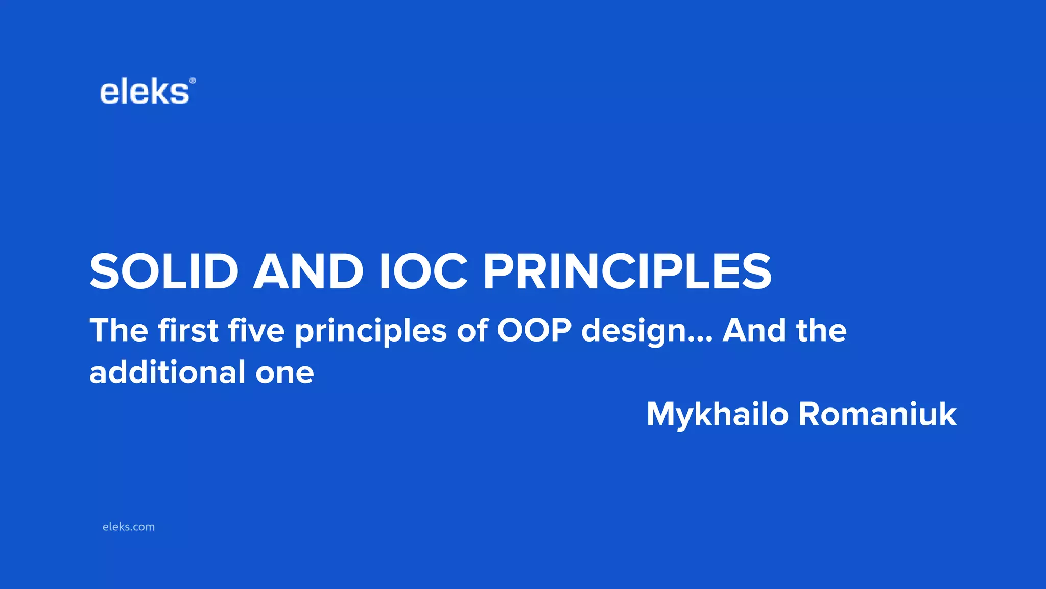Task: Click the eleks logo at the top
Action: (145, 93)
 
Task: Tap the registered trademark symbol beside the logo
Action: (192, 81)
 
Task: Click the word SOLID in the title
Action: (164, 271)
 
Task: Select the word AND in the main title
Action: (308, 271)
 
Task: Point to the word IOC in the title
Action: (423, 271)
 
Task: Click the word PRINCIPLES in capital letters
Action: (627, 271)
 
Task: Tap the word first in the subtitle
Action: (188, 330)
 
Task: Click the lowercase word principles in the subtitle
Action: (371, 331)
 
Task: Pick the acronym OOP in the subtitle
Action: (534, 330)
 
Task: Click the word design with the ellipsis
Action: (647, 331)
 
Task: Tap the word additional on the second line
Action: (168, 372)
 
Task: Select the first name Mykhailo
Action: (717, 414)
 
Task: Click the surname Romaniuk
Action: (877, 414)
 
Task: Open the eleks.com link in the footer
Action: (128, 527)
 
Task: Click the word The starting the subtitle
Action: (118, 330)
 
